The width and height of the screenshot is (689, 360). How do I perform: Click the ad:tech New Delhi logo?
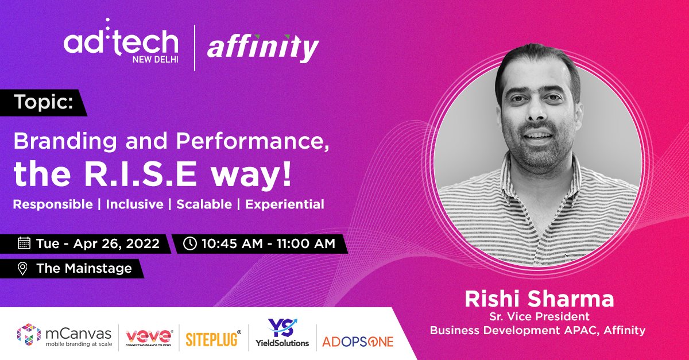[121, 47]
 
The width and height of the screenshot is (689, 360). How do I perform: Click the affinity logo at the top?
[262, 48]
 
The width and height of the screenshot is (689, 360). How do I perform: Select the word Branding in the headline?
[56, 141]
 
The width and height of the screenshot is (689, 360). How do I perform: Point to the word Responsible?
[53, 204]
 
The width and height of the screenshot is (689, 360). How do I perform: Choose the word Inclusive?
[134, 204]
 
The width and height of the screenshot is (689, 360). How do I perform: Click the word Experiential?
[285, 204]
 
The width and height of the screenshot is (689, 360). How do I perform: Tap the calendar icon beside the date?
[24, 243]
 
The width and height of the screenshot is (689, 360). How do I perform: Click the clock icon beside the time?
[189, 243]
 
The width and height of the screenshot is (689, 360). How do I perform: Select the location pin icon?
[23, 268]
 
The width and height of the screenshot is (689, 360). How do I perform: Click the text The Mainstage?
[84, 268]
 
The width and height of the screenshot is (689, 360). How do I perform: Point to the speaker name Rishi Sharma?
[539, 299]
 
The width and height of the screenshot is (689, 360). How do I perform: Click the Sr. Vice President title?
[539, 316]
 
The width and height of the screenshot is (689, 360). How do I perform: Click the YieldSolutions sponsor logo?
[282, 334]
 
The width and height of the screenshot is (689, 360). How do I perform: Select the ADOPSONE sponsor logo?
[358, 342]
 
